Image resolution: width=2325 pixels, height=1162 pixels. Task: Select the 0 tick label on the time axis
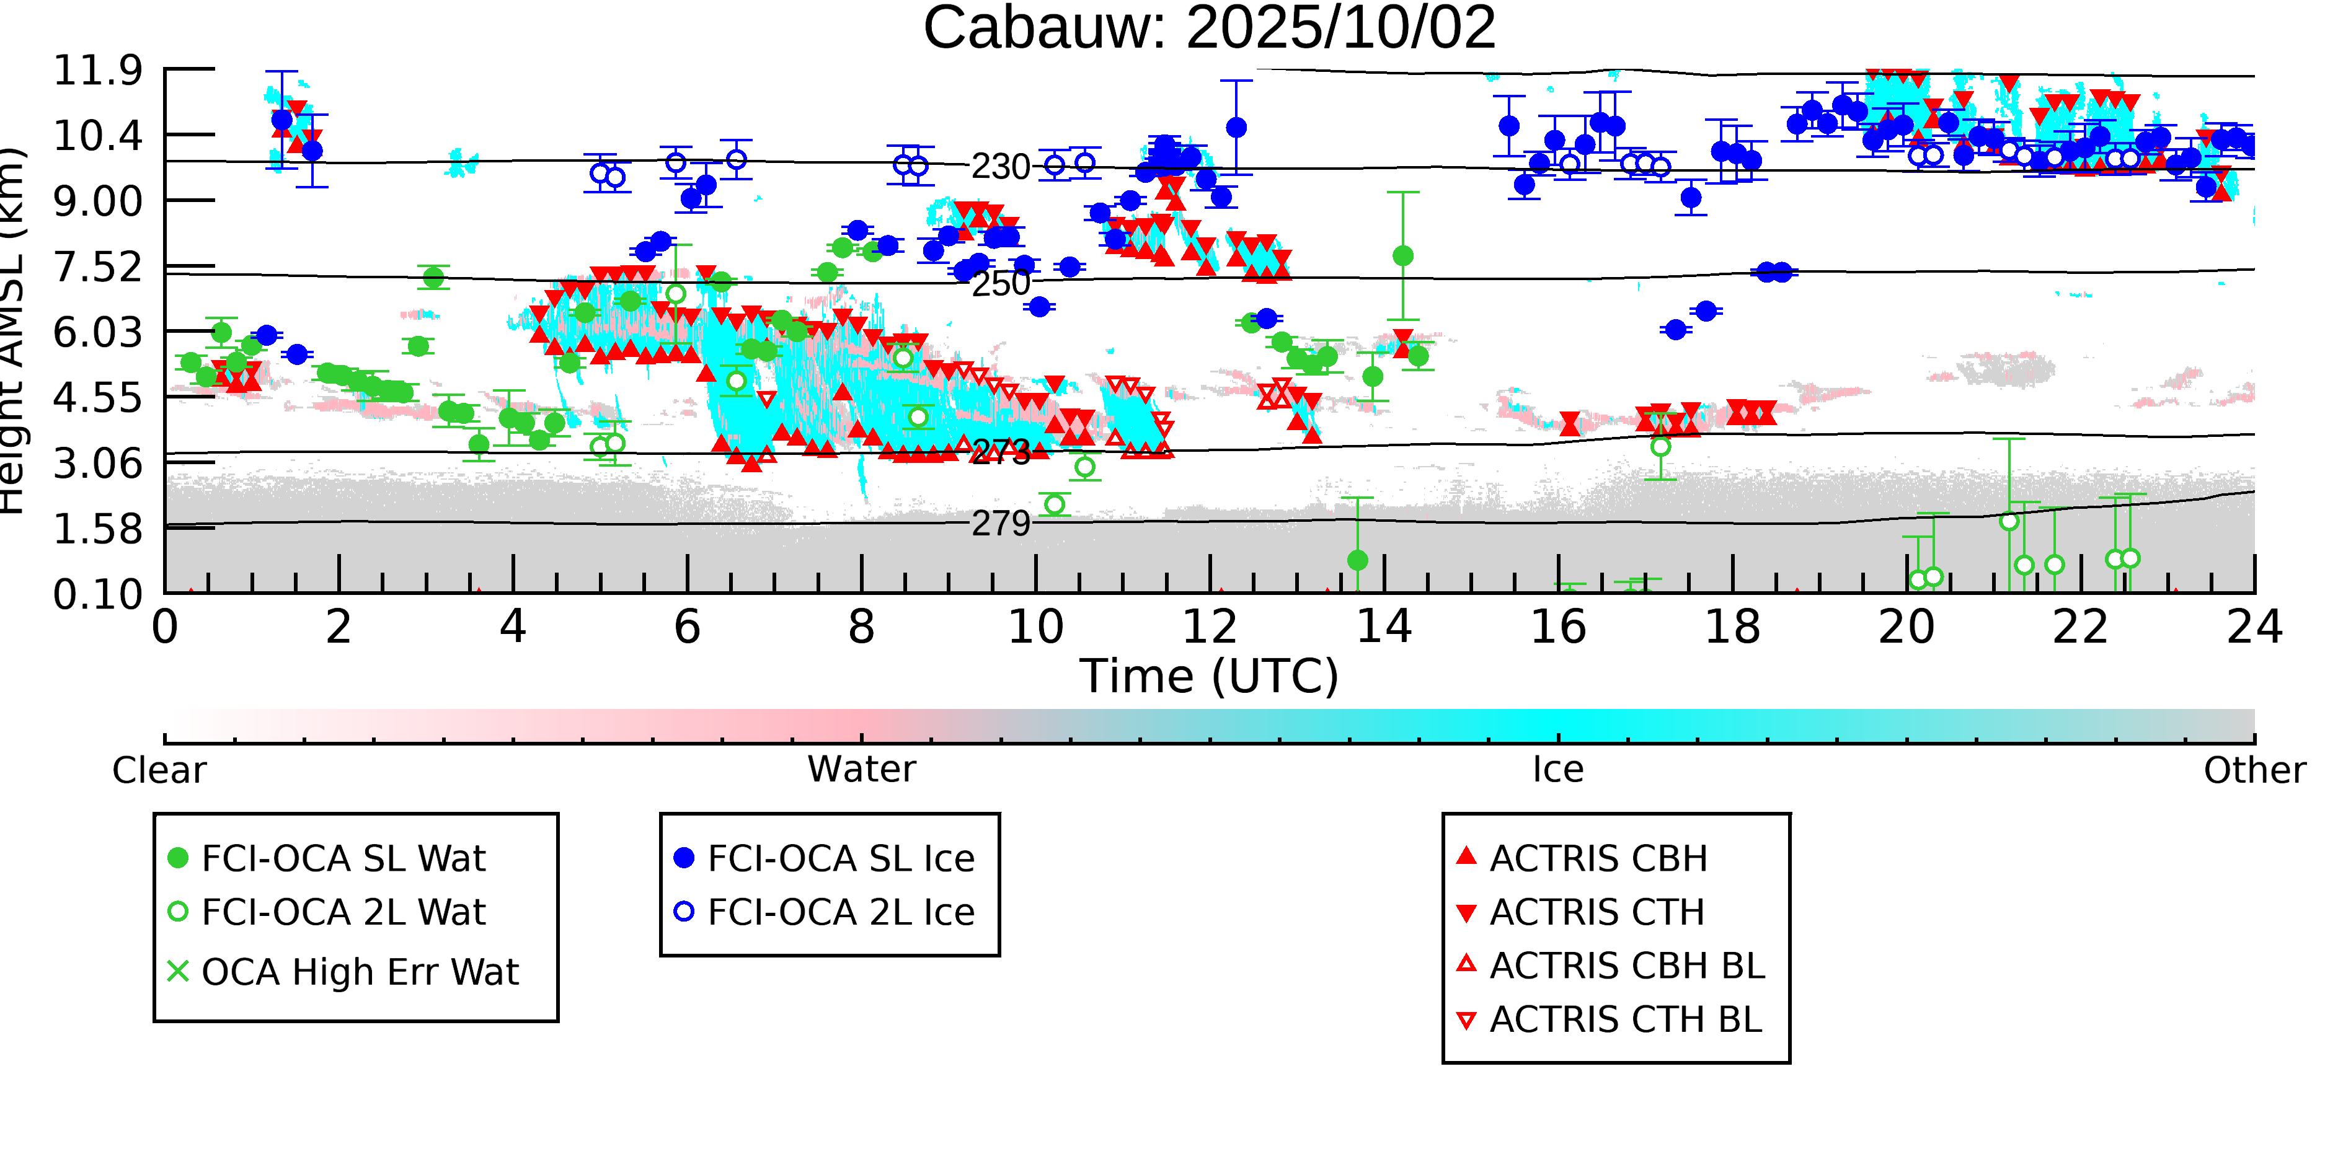tap(164, 627)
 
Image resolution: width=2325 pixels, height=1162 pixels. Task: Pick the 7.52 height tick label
tap(97, 267)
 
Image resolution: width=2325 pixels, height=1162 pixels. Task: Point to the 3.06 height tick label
tap(97, 464)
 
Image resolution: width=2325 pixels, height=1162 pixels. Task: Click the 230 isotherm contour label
tap(1000, 167)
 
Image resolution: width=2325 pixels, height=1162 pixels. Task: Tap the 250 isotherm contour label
tap(1000, 283)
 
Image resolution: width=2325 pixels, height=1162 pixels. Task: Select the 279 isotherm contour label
tap(1000, 523)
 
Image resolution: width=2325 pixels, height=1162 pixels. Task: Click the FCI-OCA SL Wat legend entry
tap(343, 858)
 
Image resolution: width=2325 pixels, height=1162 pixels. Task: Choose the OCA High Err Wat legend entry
tap(359, 972)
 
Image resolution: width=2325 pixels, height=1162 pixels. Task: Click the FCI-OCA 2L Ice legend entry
tap(840, 912)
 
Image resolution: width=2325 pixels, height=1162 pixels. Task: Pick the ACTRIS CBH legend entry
tap(1598, 858)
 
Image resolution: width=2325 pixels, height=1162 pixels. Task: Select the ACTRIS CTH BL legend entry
tap(1624, 1019)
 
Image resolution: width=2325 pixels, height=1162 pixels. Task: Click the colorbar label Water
tap(861, 770)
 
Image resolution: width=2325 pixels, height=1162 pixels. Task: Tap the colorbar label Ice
tap(1558, 770)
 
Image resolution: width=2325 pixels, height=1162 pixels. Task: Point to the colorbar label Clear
tap(159, 770)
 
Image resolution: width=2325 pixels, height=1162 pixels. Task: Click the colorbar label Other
tap(2254, 770)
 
